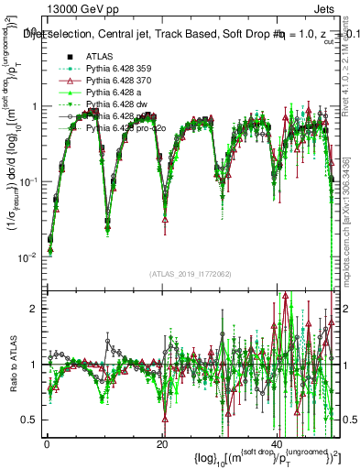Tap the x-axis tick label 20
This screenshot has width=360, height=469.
point(162,442)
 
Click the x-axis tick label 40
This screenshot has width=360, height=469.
point(278,442)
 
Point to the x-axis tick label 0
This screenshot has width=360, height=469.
point(47,442)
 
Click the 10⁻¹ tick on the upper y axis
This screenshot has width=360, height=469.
point(27,181)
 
